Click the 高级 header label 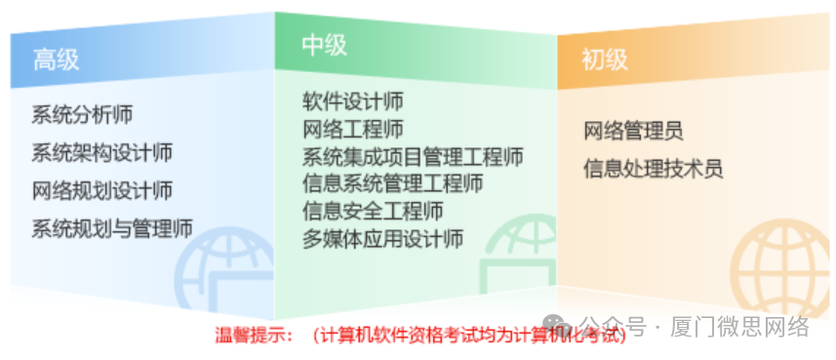(x=56, y=60)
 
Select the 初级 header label (x=605, y=60)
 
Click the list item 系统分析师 (x=82, y=114)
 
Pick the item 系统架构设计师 (x=101, y=152)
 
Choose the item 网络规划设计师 (x=101, y=190)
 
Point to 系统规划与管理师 (x=111, y=228)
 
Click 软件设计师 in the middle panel (x=352, y=101)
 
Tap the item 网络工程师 (x=352, y=129)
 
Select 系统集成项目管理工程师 (x=413, y=156)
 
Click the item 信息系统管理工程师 (x=392, y=183)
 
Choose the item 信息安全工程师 (x=373, y=211)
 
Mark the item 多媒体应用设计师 (x=382, y=238)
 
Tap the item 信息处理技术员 (x=653, y=168)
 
